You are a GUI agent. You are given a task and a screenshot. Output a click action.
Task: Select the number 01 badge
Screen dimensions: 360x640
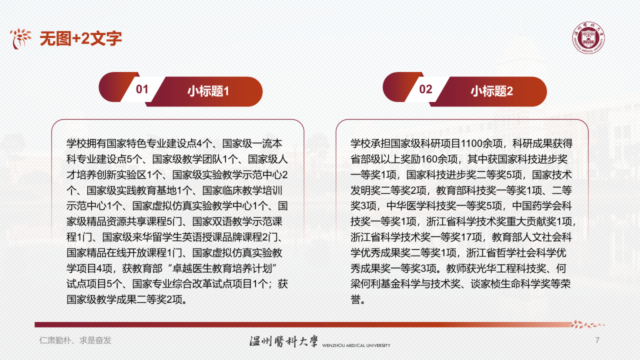[142, 89]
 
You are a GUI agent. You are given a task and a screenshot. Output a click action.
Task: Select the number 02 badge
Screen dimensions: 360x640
[425, 89]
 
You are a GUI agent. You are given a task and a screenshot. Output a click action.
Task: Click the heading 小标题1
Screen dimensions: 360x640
[208, 91]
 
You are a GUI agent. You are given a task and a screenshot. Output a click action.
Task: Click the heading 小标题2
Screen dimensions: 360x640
[491, 91]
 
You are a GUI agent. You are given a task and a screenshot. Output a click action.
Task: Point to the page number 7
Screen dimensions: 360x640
[597, 340]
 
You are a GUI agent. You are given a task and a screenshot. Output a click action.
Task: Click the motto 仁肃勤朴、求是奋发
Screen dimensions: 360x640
[75, 340]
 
